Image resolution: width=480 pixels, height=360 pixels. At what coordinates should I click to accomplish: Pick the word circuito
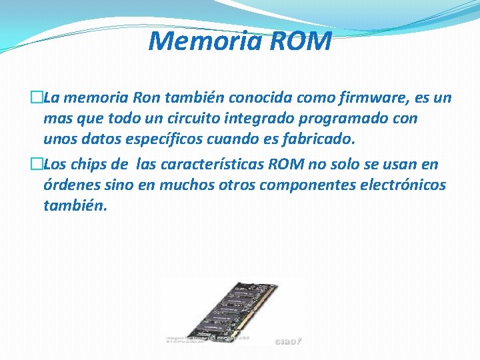pos(182,119)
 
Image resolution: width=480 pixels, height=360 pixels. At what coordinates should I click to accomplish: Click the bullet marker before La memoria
pos(37,99)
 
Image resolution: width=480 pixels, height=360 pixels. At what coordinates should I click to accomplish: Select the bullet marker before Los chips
pos(37,164)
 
